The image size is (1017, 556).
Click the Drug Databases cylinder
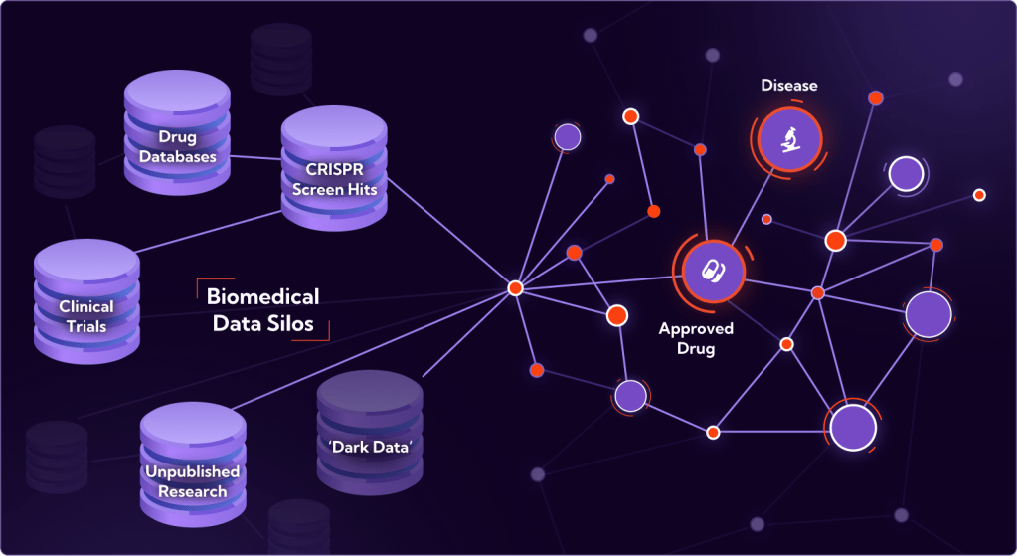tap(177, 132)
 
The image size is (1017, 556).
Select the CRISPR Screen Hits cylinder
tap(334, 168)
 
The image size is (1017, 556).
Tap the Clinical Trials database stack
tap(86, 301)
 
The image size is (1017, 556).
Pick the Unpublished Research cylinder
tap(193, 464)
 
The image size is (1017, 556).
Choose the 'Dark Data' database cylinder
tap(370, 434)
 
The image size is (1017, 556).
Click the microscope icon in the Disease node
tap(789, 139)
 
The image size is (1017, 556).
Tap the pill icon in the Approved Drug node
tap(713, 272)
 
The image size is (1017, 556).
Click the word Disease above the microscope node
tap(789, 85)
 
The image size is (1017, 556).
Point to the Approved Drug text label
tap(696, 338)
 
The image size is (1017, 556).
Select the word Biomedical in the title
tap(262, 296)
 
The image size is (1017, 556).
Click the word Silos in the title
tap(291, 323)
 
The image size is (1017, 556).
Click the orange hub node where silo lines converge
tap(515, 288)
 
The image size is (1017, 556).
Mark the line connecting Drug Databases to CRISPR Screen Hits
tap(254, 158)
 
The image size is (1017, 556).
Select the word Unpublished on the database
tap(192, 471)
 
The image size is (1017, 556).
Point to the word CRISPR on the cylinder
tap(334, 169)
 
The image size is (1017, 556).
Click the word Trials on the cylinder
tap(86, 326)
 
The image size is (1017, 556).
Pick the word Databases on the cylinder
tap(177, 156)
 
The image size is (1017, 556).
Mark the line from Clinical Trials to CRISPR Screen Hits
tap(208, 232)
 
